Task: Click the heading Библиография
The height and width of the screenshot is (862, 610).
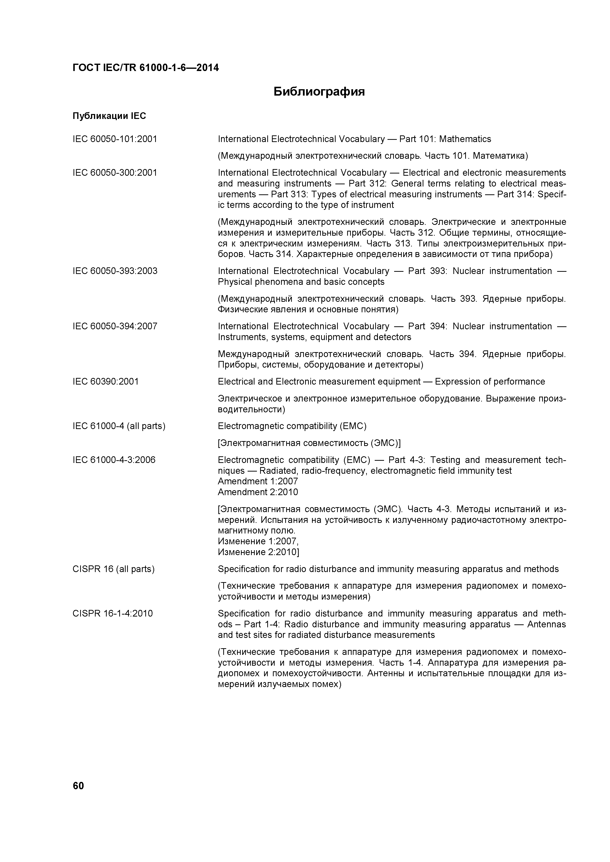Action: click(319, 92)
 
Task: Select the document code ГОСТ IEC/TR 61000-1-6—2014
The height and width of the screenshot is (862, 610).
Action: click(145, 68)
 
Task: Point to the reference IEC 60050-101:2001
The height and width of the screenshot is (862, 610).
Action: click(115, 139)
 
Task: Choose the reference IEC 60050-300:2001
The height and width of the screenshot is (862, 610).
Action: click(115, 173)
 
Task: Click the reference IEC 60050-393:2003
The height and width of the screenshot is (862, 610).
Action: click(115, 271)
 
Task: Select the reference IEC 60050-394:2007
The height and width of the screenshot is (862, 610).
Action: click(115, 326)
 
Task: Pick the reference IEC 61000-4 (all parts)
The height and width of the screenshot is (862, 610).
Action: click(119, 426)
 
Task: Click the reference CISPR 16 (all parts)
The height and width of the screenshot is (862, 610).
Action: click(113, 569)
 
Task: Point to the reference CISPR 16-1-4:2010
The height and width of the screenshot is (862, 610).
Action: click(113, 614)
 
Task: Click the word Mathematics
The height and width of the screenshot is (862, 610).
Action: click(465, 139)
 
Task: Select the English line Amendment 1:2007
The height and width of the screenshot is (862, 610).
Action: click(258, 481)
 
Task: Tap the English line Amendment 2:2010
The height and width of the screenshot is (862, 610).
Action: click(258, 492)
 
